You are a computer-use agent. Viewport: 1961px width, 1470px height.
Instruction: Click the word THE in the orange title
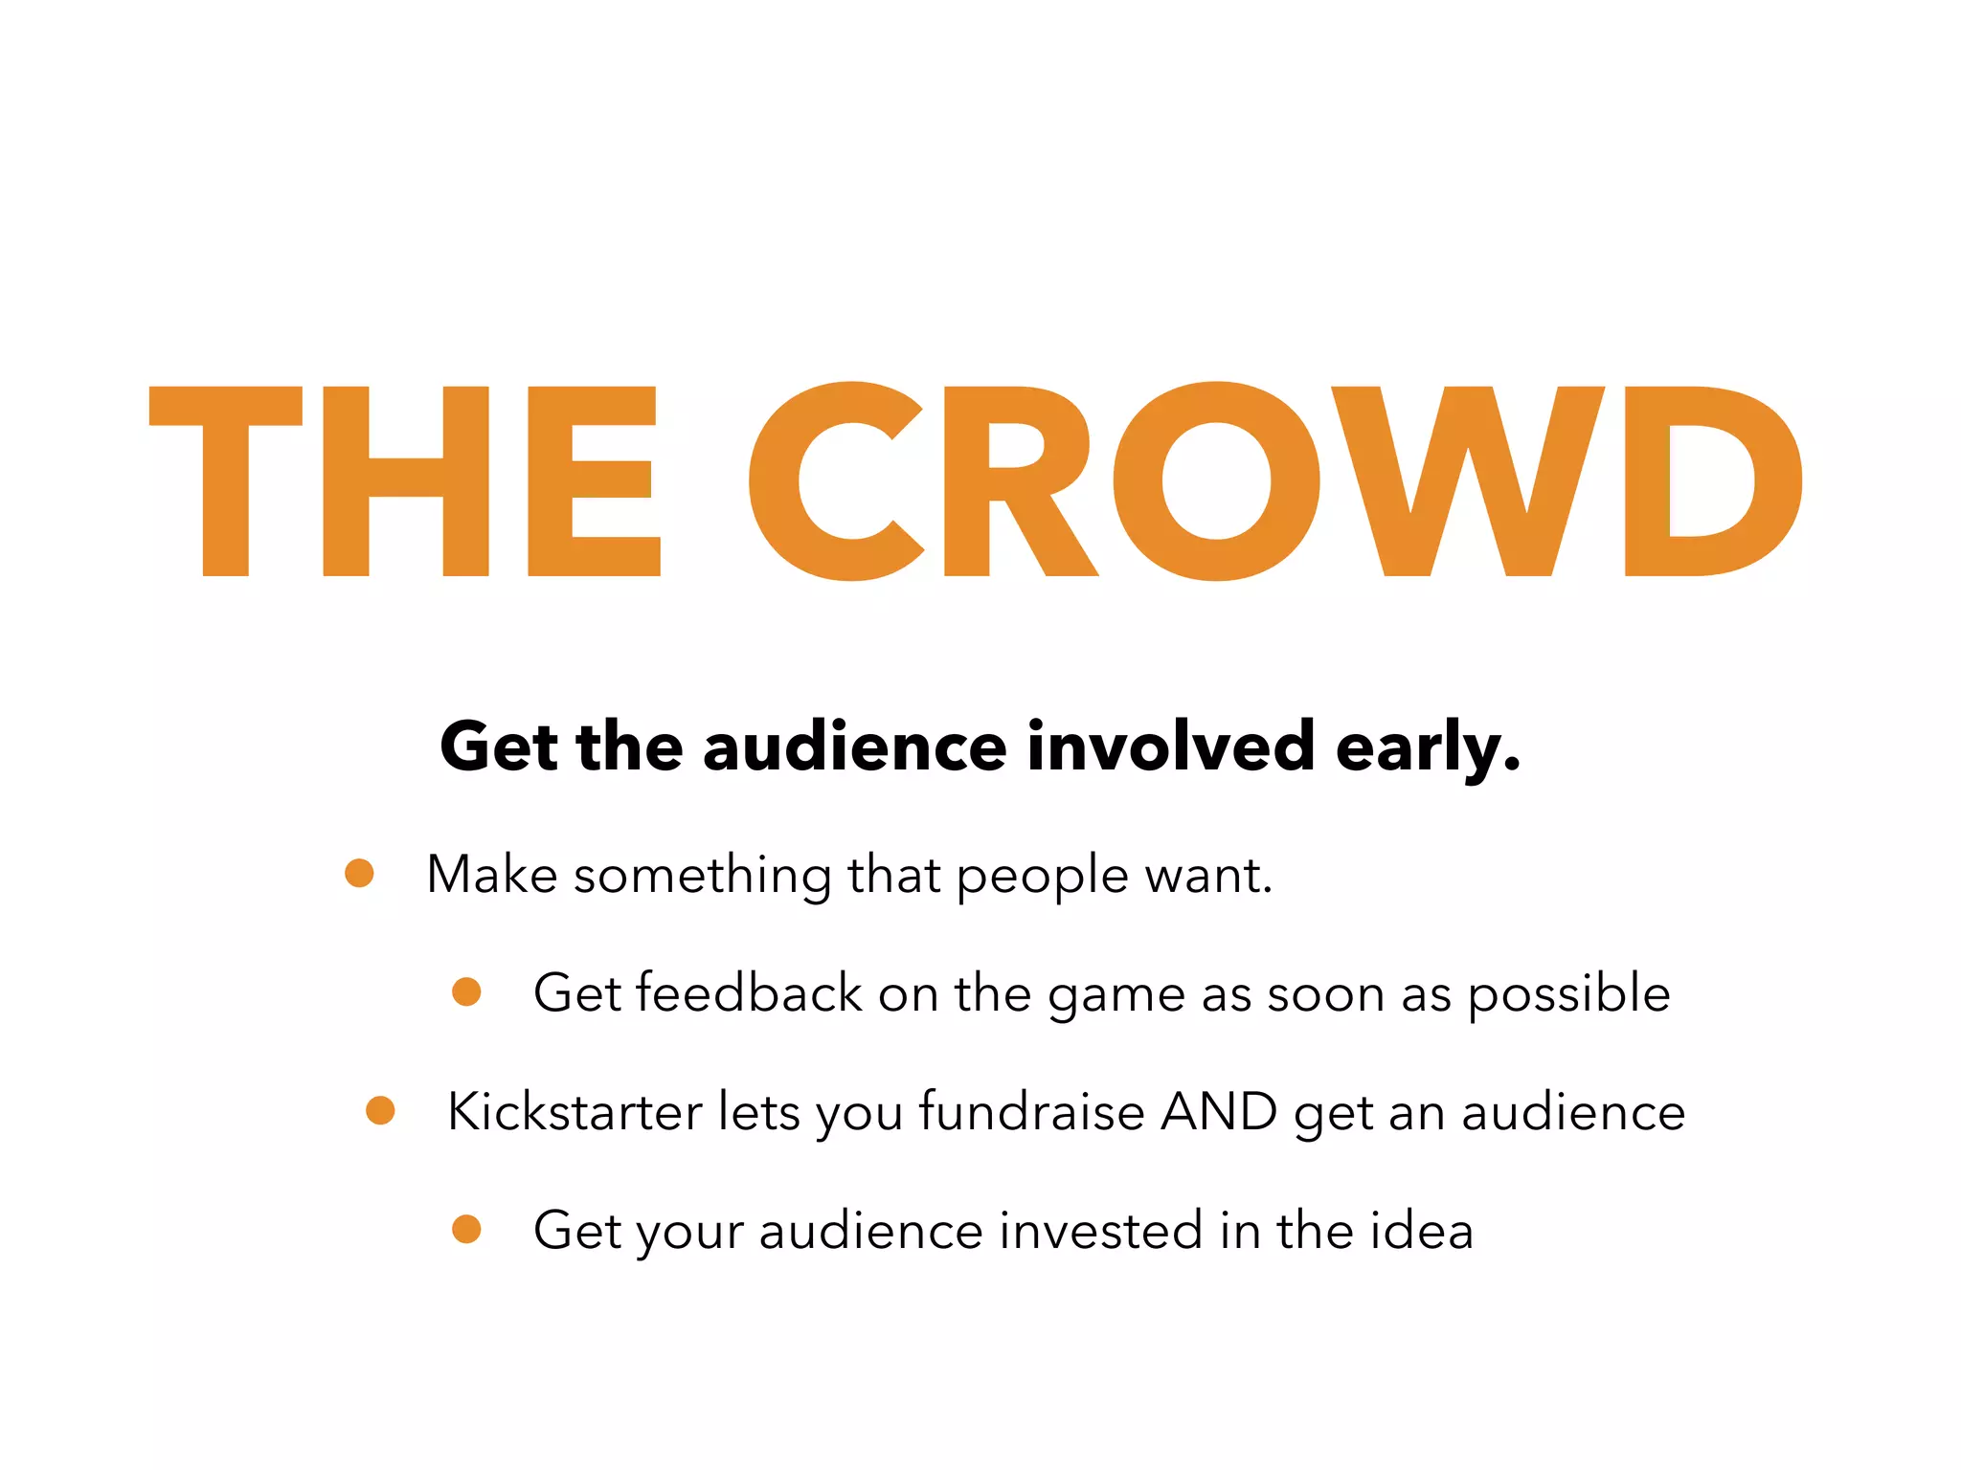404,480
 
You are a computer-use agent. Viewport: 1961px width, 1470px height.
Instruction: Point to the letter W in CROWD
1468,480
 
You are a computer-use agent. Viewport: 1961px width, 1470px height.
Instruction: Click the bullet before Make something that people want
359,873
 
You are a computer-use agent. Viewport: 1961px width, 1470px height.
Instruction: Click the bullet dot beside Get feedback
466,991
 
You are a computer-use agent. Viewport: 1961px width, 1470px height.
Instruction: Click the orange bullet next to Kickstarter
380,1110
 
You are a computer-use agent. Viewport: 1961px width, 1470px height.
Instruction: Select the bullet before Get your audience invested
466,1229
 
